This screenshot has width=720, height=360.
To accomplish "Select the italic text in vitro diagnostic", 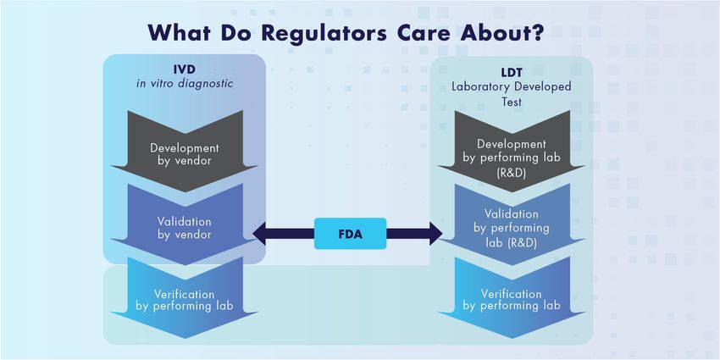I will coord(185,84).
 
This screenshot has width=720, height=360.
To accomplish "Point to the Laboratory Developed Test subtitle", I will coord(511,93).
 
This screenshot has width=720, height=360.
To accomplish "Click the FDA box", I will coord(350,234).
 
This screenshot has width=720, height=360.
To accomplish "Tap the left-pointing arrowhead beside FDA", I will coord(258,234).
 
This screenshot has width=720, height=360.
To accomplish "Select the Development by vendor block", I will coord(185,153).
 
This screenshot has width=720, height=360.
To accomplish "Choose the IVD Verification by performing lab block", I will coord(185,298).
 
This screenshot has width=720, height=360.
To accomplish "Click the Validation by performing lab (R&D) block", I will coord(511,227).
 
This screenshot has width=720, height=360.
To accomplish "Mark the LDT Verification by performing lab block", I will coord(511,298).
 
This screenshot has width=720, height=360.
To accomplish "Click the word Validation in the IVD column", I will coord(185,220).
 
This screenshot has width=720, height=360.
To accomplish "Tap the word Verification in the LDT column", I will coord(511,293).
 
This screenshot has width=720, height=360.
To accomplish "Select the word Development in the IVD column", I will coord(185,147).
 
